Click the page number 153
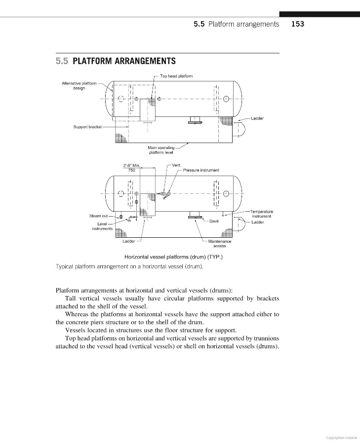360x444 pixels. click(298, 24)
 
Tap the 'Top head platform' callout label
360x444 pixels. click(176, 75)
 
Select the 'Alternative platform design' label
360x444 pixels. click(79, 85)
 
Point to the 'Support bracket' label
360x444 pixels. click(87, 127)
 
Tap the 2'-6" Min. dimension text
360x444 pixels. click(131, 165)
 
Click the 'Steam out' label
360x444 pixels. click(98, 216)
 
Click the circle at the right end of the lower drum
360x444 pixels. click(226, 193)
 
